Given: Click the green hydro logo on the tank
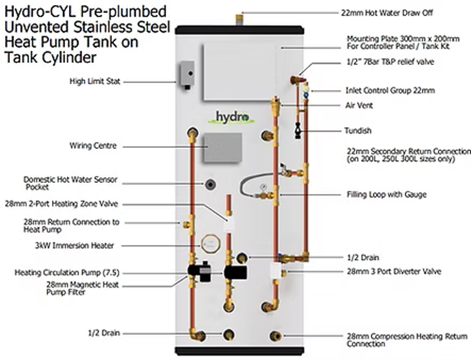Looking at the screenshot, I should tap(233, 117).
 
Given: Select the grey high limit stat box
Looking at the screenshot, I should tap(187, 72).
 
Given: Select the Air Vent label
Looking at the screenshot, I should tap(360, 106).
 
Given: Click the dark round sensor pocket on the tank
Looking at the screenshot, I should tap(211, 185).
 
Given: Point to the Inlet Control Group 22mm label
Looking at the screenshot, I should tap(390, 91).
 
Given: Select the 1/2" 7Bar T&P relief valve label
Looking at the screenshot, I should tap(389, 61).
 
